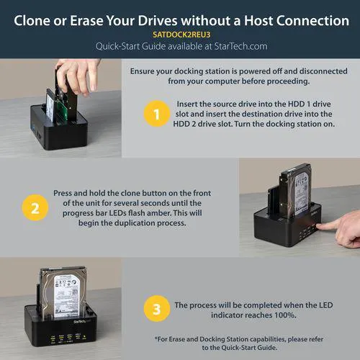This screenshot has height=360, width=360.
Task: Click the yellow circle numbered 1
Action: coord(157,114)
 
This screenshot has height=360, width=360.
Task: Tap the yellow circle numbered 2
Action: coord(35,207)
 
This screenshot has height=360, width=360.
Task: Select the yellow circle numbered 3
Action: coord(157,309)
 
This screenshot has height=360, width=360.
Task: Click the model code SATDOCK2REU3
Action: coord(181,35)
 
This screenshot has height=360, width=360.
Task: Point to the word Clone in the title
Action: coord(32,21)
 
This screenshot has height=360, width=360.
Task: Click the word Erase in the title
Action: coord(86,21)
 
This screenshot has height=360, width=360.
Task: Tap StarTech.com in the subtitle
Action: coord(240,46)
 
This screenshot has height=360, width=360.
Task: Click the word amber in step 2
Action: coord(160,213)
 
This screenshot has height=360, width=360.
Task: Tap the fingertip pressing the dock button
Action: coord(319,226)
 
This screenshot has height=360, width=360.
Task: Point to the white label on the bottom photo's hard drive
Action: coord(66,297)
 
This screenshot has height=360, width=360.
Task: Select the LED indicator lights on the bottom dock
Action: coord(68,338)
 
